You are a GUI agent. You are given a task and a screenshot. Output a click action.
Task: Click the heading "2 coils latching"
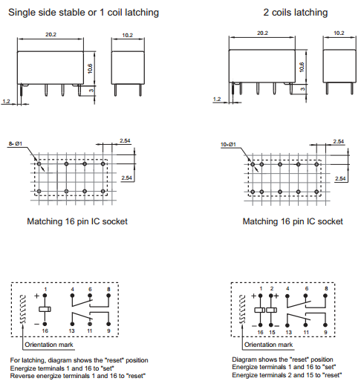[296, 13]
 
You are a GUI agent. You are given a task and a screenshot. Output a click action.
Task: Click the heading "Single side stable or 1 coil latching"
[83, 13]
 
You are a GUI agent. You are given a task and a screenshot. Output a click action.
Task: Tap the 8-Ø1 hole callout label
[16, 143]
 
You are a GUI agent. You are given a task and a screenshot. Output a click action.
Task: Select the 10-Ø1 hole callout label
[228, 144]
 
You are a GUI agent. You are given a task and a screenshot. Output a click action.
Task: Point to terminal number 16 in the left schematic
[45, 331]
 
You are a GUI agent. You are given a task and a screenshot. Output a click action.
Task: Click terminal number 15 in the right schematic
[272, 332]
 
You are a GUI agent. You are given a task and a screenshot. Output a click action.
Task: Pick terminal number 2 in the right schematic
[272, 289]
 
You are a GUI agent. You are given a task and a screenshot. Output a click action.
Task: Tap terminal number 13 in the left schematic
[72, 331]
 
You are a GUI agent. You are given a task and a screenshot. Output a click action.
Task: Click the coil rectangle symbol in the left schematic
[45, 309]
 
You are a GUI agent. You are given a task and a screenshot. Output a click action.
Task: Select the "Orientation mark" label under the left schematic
[49, 345]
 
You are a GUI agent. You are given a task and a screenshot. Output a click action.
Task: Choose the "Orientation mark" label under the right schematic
[268, 345]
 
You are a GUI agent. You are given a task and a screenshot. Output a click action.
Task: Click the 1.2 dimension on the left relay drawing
[6, 101]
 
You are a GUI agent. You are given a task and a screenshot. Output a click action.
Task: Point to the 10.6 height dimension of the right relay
[302, 67]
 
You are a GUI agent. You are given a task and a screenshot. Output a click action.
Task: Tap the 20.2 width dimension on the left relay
[51, 34]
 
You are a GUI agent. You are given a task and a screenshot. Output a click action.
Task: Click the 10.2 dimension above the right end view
[339, 33]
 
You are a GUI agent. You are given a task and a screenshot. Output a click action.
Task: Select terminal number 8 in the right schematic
[326, 289]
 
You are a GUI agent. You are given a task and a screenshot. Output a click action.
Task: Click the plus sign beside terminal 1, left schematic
[36, 296]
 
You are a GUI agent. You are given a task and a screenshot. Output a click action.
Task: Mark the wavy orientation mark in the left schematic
[23, 309]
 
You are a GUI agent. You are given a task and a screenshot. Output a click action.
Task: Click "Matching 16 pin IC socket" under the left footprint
[77, 221]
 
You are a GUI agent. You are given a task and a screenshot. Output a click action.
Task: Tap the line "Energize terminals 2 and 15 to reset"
[287, 375]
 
